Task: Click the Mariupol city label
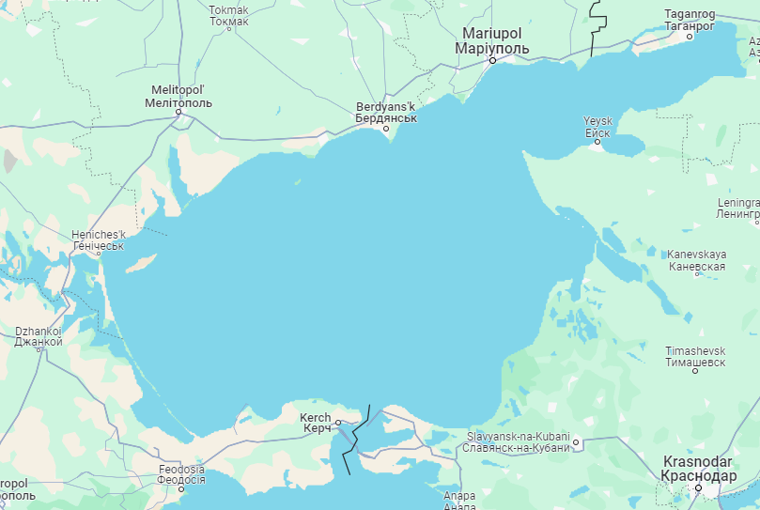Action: tap(491, 40)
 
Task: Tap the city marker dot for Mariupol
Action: tap(491, 60)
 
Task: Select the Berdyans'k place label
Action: tap(385, 113)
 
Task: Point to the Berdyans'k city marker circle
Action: tap(385, 130)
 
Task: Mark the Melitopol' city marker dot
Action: tap(178, 113)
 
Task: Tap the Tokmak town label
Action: tap(229, 15)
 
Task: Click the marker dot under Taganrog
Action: tap(690, 38)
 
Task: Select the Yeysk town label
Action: tap(597, 127)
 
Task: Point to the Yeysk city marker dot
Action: tap(597, 142)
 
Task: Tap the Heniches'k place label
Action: tap(98, 240)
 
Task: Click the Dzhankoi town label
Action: tap(39, 336)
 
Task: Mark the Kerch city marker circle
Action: tap(338, 423)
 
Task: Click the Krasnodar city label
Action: tap(699, 469)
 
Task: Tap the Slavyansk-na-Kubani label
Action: tap(517, 441)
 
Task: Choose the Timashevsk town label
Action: tap(695, 355)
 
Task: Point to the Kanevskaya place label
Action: tap(696, 260)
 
